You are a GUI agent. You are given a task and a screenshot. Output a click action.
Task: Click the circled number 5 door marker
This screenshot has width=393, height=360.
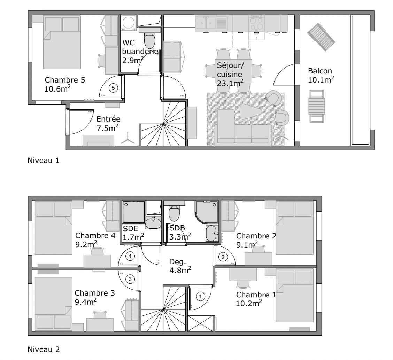coord(113,87)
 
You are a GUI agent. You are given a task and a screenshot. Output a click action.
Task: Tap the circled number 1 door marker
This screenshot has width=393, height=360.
coord(200,296)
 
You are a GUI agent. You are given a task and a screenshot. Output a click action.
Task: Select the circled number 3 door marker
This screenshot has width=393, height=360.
coord(130,279)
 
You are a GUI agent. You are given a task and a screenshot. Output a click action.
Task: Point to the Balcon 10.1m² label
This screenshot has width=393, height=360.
coord(321,75)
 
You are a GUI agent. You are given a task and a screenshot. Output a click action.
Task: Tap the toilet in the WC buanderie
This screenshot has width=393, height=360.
coord(150,40)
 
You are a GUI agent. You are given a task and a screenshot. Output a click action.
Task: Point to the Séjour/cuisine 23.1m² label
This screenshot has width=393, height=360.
coord(230,74)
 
